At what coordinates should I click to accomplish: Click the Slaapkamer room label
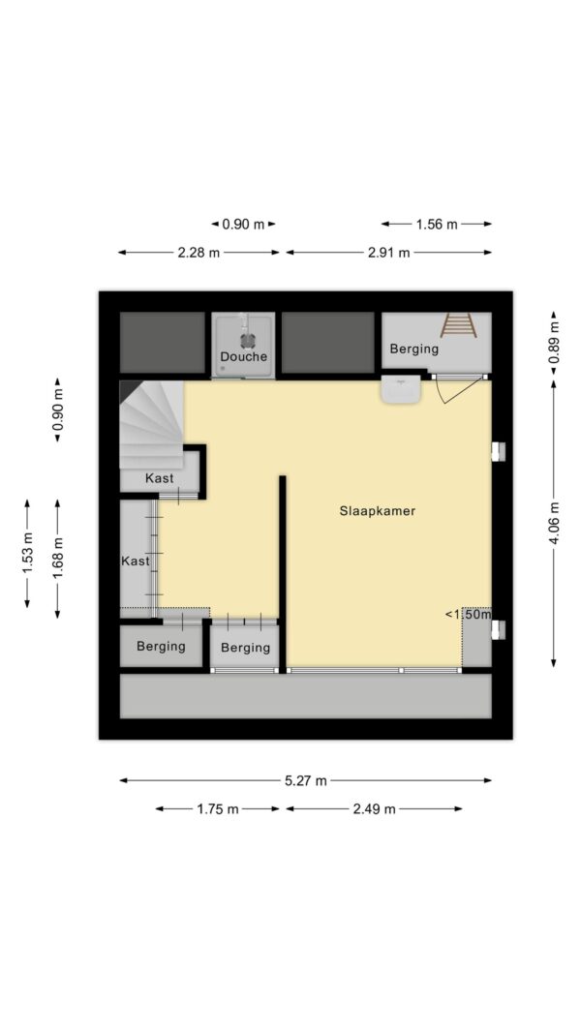(x=378, y=510)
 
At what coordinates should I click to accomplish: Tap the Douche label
(x=244, y=356)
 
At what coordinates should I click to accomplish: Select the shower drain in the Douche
(x=247, y=339)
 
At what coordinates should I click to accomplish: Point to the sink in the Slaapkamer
(x=401, y=390)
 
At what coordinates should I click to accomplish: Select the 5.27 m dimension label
(x=306, y=780)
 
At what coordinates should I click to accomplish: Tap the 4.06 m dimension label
(x=554, y=523)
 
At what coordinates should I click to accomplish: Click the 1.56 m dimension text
(x=436, y=224)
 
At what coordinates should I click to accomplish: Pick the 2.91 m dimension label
(x=388, y=253)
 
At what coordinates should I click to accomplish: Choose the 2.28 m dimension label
(x=199, y=253)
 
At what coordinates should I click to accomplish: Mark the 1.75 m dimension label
(x=217, y=809)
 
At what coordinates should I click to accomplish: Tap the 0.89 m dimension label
(x=554, y=342)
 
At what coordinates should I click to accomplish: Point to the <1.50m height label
(x=469, y=614)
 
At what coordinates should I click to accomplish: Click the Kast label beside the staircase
(x=160, y=478)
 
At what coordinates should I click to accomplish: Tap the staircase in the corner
(x=151, y=424)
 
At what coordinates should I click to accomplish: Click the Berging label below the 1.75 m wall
(x=245, y=648)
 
